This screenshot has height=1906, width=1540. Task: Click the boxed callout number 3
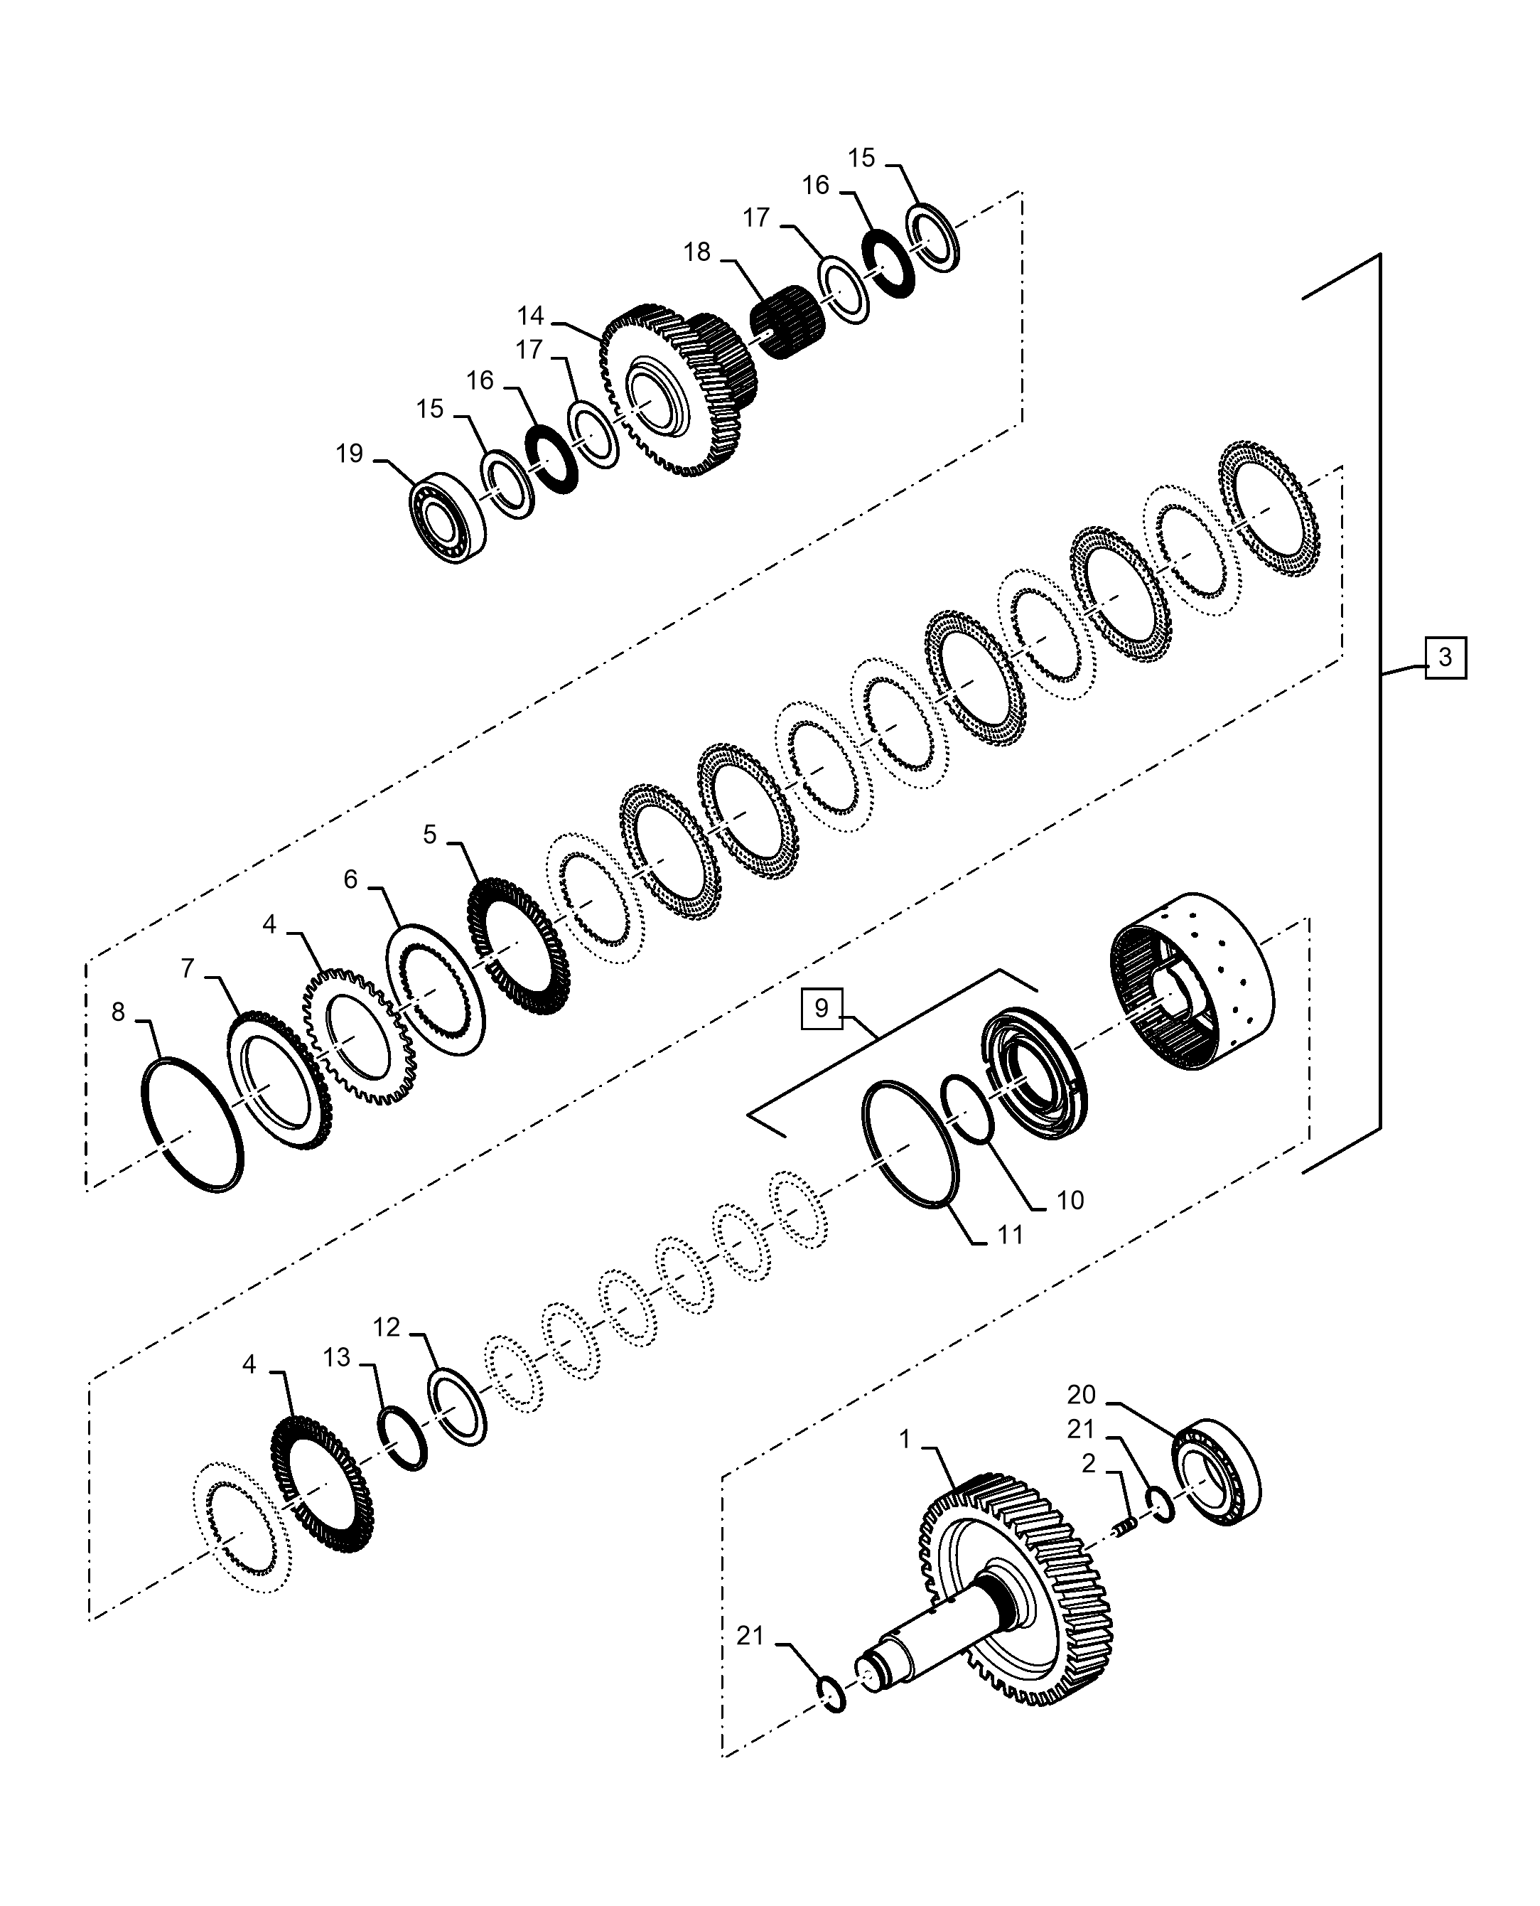coord(1445,658)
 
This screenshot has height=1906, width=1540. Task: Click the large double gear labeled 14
coord(679,390)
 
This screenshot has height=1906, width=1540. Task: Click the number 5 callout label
coord(430,834)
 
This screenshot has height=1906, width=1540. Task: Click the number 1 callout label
coord(905,1439)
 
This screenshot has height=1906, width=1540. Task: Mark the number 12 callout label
coord(387,1351)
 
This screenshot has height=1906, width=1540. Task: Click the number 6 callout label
coord(350,879)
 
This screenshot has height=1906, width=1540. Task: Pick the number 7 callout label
coord(188,968)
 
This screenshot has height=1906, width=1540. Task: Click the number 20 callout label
coord(1082,1395)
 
